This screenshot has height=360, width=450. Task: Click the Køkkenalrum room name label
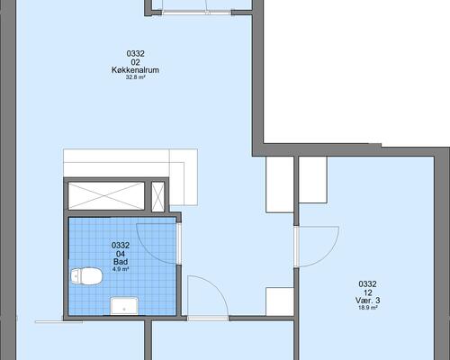135,70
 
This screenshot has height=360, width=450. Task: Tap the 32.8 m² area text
136,77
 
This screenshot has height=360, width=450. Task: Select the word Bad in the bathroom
121,262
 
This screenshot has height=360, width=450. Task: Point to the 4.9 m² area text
121,269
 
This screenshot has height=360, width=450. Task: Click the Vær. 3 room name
368,301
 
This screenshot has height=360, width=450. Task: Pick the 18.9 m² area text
368,308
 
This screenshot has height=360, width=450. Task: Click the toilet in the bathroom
86,276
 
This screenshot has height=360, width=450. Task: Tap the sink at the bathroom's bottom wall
124,306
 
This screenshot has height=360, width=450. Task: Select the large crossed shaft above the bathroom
106,195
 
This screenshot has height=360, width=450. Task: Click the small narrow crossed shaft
157,197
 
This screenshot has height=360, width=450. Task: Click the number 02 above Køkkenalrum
136,62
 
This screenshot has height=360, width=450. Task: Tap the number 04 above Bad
121,254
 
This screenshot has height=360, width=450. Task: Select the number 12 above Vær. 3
368,292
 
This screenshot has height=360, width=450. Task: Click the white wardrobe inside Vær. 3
313,180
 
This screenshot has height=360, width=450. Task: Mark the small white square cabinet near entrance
280,301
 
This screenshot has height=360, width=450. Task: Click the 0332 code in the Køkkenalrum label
136,54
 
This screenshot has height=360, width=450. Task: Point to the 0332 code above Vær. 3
368,284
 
